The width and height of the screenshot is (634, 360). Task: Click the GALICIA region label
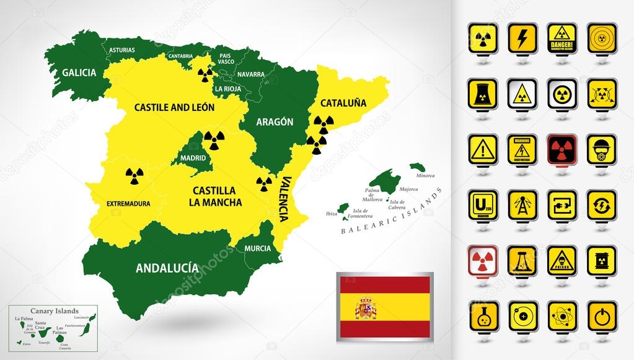click(79, 72)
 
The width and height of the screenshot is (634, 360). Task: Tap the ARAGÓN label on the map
click(275, 121)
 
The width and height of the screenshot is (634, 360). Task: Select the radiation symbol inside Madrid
click(213, 141)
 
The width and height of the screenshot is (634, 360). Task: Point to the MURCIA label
click(257, 248)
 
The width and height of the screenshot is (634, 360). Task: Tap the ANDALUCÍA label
click(167, 268)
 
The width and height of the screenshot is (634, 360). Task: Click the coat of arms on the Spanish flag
click(366, 308)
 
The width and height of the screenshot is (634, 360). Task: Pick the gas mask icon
click(601, 149)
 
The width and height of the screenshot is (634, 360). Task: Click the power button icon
click(601, 315)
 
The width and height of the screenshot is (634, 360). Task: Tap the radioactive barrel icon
click(601, 260)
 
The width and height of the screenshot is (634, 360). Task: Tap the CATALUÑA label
click(343, 102)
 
